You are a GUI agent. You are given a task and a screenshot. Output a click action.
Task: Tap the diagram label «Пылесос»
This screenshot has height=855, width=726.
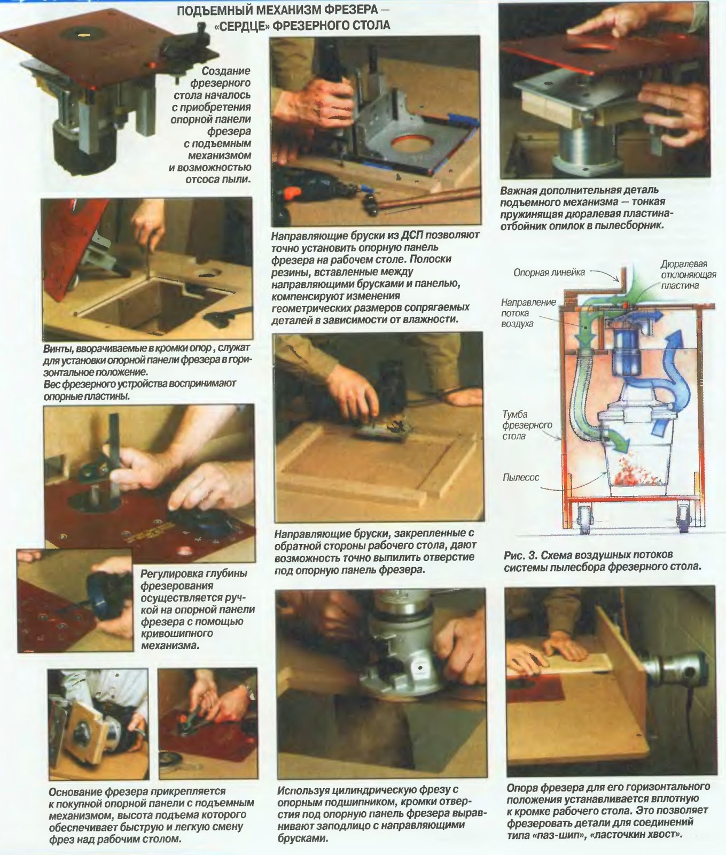(521, 477)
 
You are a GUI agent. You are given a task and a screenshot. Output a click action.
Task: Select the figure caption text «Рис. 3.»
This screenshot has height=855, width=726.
(521, 554)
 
